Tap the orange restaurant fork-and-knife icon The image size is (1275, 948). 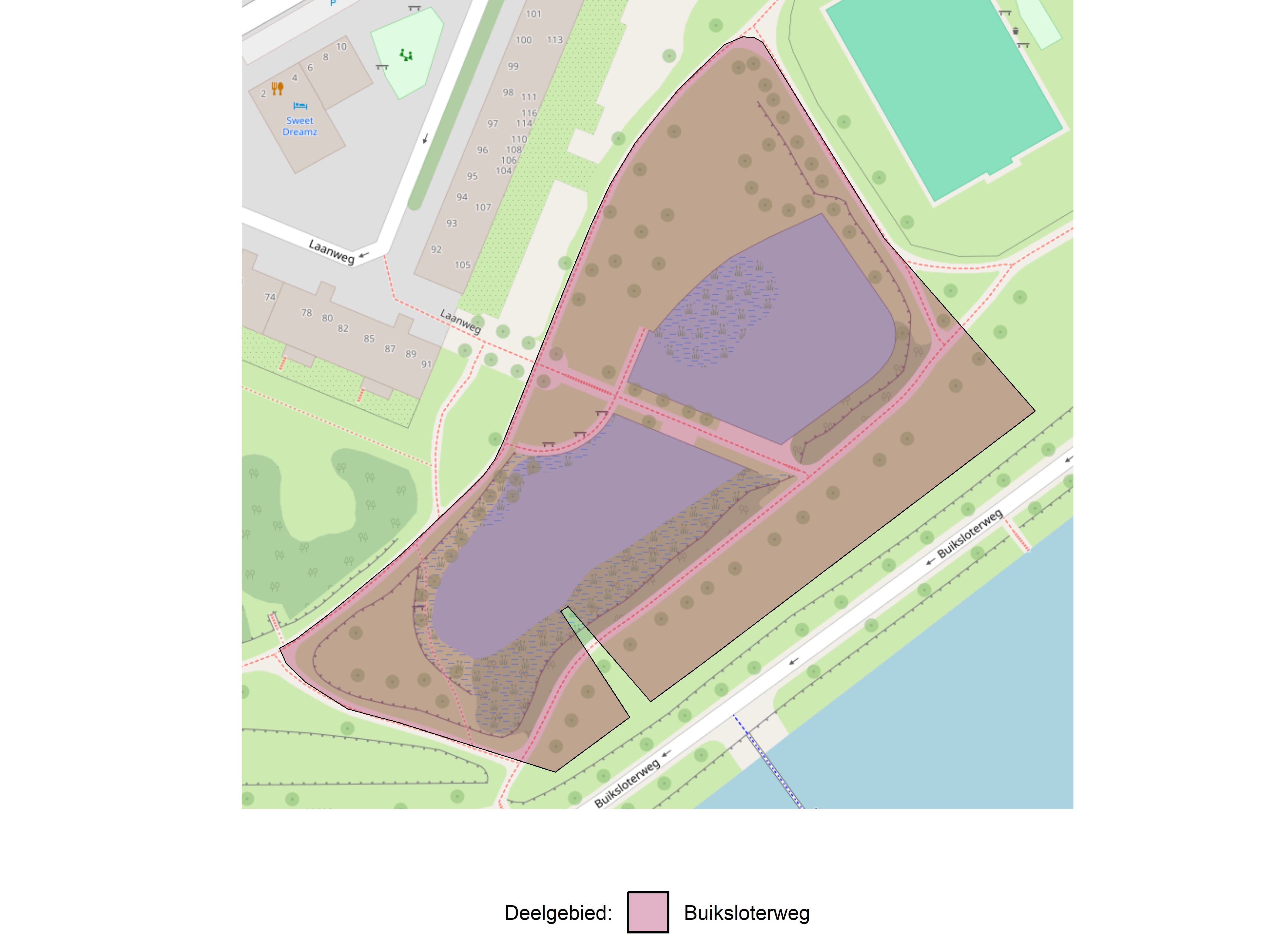click(277, 88)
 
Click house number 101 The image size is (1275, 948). click(533, 14)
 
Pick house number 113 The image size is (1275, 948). click(555, 39)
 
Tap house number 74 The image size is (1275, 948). click(270, 297)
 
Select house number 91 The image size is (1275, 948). click(426, 364)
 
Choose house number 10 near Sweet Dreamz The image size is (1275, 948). click(341, 46)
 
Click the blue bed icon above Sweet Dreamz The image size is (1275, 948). click(300, 106)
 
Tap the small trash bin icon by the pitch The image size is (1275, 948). click(1015, 31)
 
